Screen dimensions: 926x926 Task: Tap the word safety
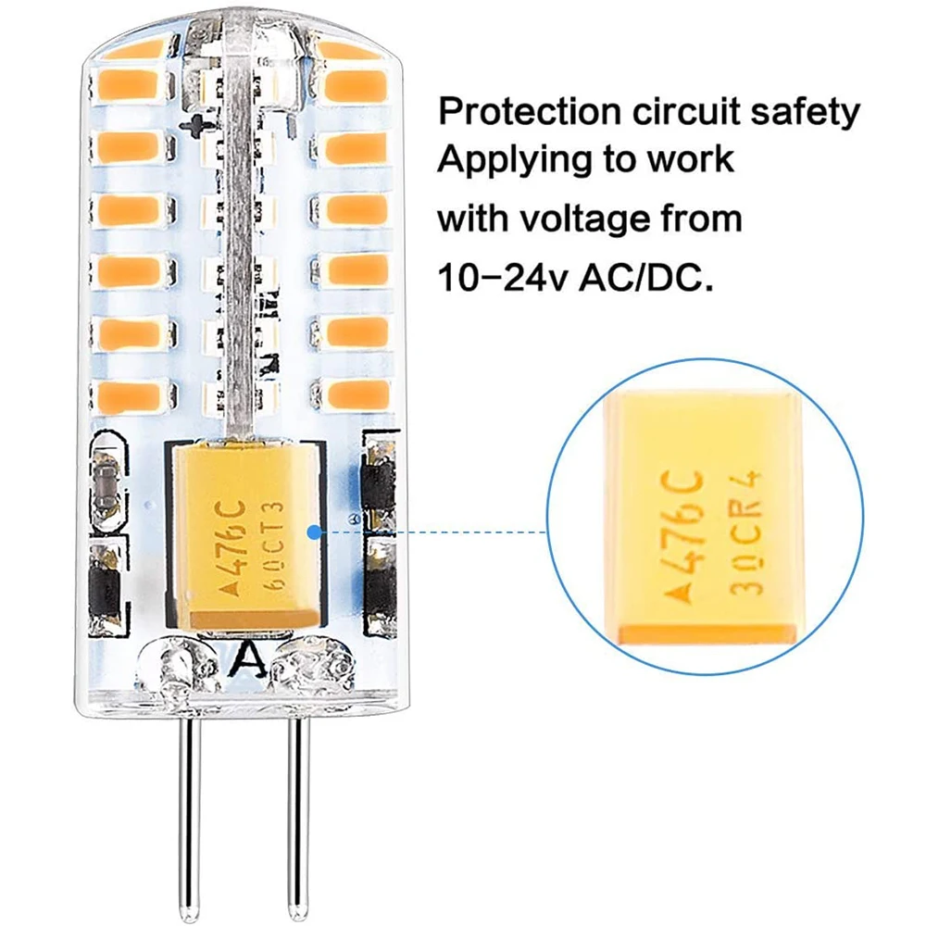tap(805, 112)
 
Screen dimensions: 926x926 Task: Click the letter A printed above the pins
tap(246, 660)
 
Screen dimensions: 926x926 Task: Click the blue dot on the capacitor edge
tap(316, 532)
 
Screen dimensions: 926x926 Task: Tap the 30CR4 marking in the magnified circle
tap(745, 532)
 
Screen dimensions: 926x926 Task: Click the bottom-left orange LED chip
tap(130, 395)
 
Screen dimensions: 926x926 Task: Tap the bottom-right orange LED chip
tap(359, 394)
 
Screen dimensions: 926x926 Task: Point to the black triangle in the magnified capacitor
tap(685, 594)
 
